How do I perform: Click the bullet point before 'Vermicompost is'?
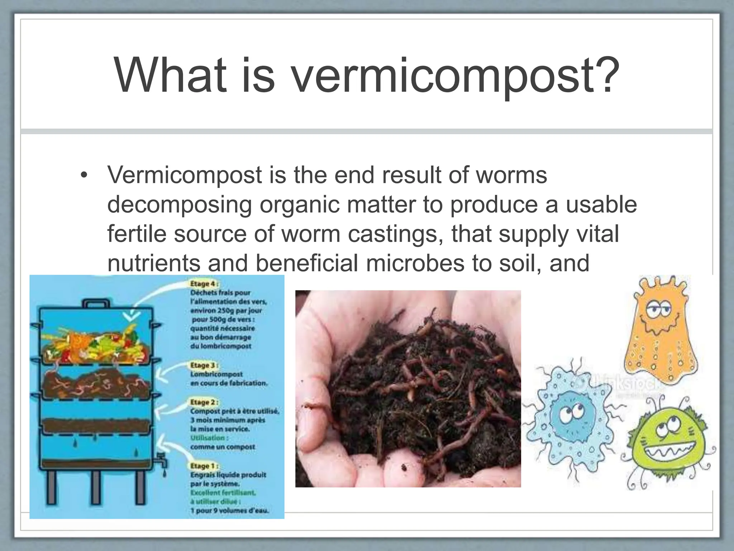coord(84,175)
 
